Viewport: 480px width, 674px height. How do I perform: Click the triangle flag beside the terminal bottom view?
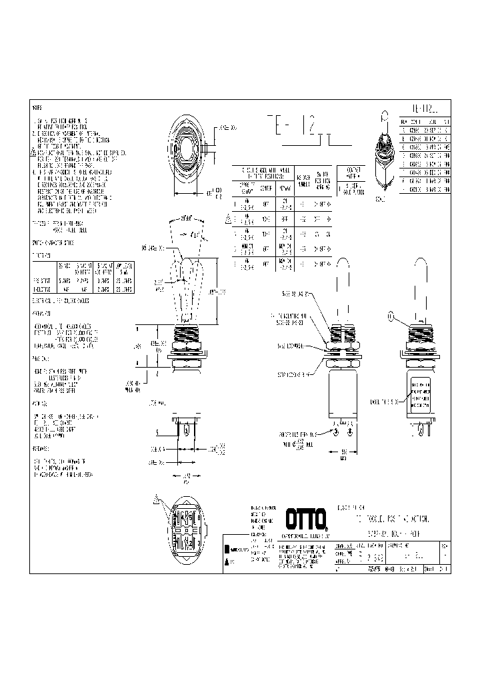[x=157, y=499]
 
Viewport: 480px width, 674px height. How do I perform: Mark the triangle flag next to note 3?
[x=33, y=152]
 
